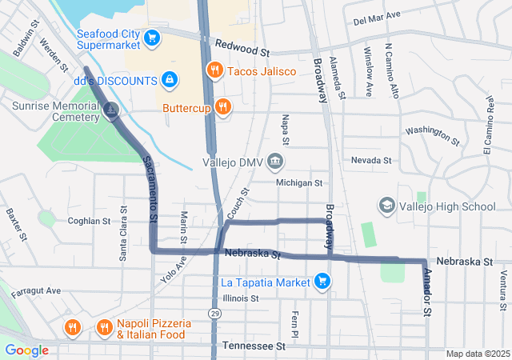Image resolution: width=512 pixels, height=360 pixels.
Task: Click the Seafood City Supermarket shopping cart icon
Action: (151, 37)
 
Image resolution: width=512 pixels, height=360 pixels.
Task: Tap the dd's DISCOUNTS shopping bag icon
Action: (169, 80)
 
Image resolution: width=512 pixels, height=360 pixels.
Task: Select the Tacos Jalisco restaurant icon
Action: (214, 70)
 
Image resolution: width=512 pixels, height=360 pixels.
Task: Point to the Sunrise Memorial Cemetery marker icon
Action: (112, 111)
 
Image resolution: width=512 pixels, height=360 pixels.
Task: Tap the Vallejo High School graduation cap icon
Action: (387, 206)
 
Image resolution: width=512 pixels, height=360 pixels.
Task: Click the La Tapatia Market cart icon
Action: (322, 281)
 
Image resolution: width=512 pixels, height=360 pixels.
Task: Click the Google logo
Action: (26, 350)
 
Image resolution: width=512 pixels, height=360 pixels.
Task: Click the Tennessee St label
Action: (254, 346)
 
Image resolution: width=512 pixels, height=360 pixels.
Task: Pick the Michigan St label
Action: (299, 183)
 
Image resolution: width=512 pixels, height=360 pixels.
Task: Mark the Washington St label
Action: (432, 135)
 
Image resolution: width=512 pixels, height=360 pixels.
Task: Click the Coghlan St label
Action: (89, 221)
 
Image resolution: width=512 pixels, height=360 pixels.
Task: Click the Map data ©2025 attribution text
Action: (477, 354)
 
